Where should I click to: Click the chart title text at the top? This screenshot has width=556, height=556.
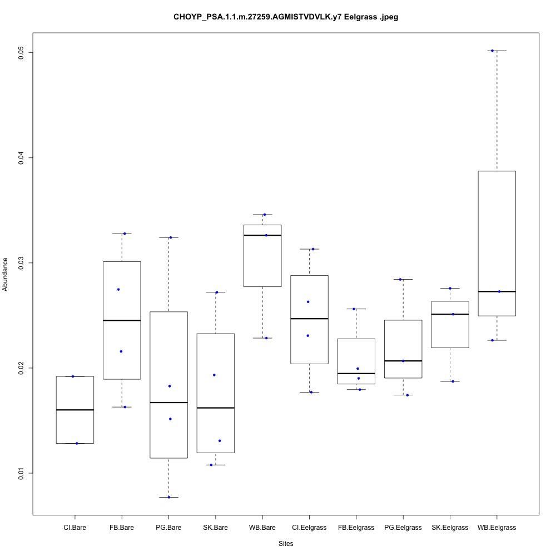click(286, 17)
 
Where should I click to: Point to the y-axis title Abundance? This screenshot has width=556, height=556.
click(6, 274)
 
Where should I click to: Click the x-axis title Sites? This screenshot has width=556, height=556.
click(286, 543)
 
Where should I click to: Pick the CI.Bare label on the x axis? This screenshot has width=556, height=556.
click(75, 527)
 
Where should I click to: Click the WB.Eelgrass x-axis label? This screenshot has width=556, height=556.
click(497, 527)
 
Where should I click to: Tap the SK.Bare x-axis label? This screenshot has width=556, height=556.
click(215, 527)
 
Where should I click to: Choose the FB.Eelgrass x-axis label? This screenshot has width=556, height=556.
click(356, 527)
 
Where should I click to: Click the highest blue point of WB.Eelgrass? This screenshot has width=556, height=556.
click(492, 51)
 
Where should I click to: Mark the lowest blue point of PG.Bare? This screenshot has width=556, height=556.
click(169, 497)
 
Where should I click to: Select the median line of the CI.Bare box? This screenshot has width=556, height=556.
click(75, 410)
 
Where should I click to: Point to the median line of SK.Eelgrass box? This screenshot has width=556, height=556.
click(450, 314)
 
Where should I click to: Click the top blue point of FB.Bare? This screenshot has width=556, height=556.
click(125, 234)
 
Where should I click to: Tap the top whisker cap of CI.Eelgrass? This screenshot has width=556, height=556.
click(309, 249)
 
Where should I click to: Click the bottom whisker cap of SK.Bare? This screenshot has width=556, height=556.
click(215, 465)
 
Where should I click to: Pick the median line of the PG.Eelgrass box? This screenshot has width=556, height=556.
click(403, 361)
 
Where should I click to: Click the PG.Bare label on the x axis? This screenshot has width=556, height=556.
click(168, 527)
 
